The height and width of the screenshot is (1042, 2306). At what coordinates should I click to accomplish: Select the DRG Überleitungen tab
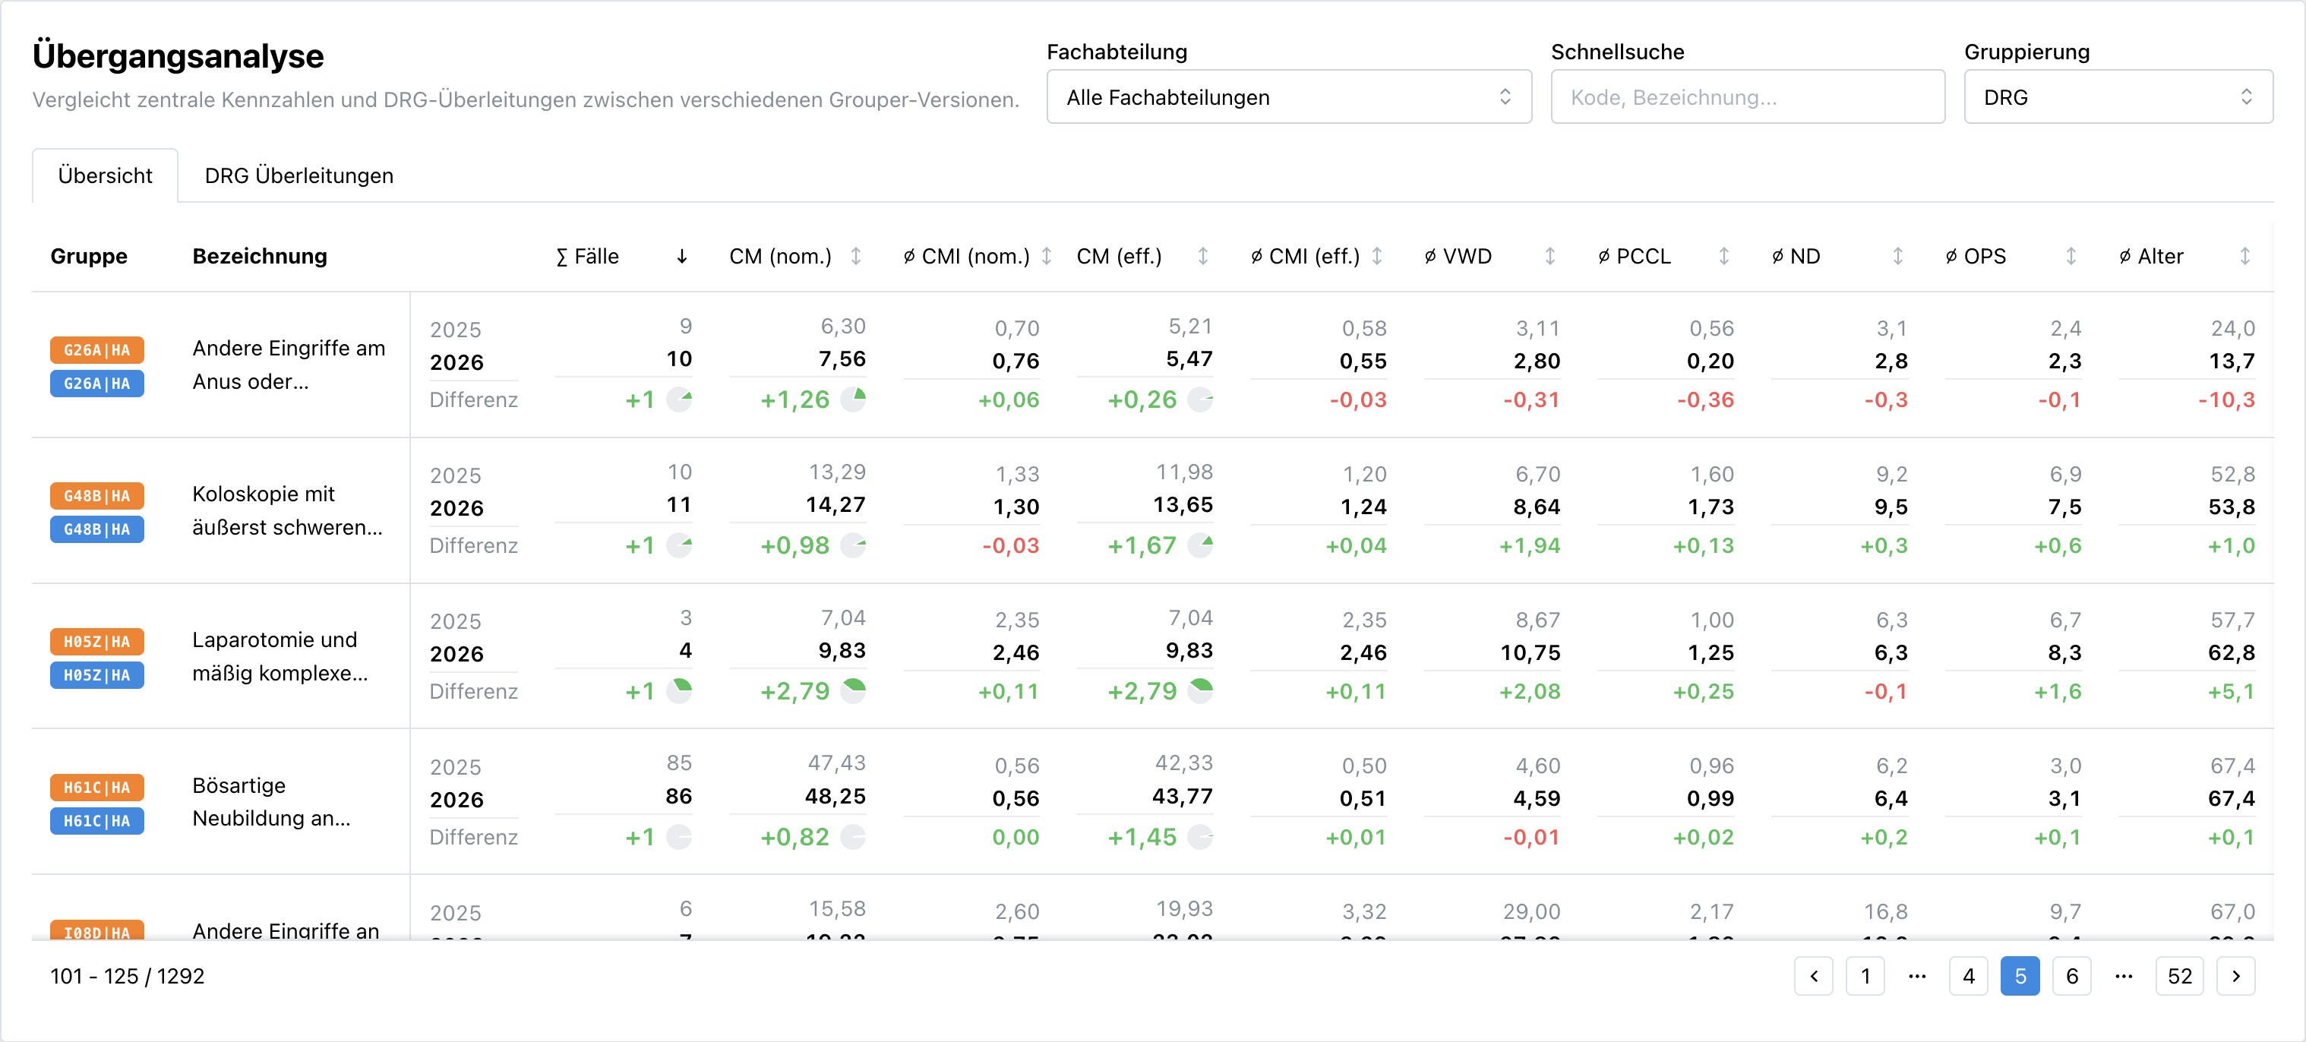(x=299, y=175)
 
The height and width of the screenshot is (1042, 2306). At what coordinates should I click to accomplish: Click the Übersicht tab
(x=105, y=175)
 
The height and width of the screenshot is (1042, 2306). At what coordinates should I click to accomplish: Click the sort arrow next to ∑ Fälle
(x=681, y=257)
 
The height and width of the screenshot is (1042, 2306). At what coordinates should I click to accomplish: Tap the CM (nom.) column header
(x=780, y=257)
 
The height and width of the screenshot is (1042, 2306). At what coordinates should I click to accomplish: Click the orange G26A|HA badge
(x=96, y=350)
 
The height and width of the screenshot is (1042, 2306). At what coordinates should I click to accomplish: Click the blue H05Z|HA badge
(x=96, y=675)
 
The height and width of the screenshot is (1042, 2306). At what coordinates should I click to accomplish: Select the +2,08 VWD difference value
(x=1529, y=691)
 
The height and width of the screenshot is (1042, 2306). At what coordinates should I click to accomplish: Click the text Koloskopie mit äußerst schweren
(x=287, y=510)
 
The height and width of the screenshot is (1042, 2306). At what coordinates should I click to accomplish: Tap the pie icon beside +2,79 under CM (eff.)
(x=1199, y=690)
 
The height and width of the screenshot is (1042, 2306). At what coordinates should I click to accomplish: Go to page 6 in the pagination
(x=2071, y=976)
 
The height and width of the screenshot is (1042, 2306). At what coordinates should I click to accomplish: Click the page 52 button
(x=2179, y=976)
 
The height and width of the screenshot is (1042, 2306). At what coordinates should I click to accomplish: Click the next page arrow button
(x=2235, y=976)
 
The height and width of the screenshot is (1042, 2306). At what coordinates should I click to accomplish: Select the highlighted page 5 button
(x=2020, y=976)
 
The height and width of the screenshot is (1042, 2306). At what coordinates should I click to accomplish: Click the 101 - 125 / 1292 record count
(x=127, y=976)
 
